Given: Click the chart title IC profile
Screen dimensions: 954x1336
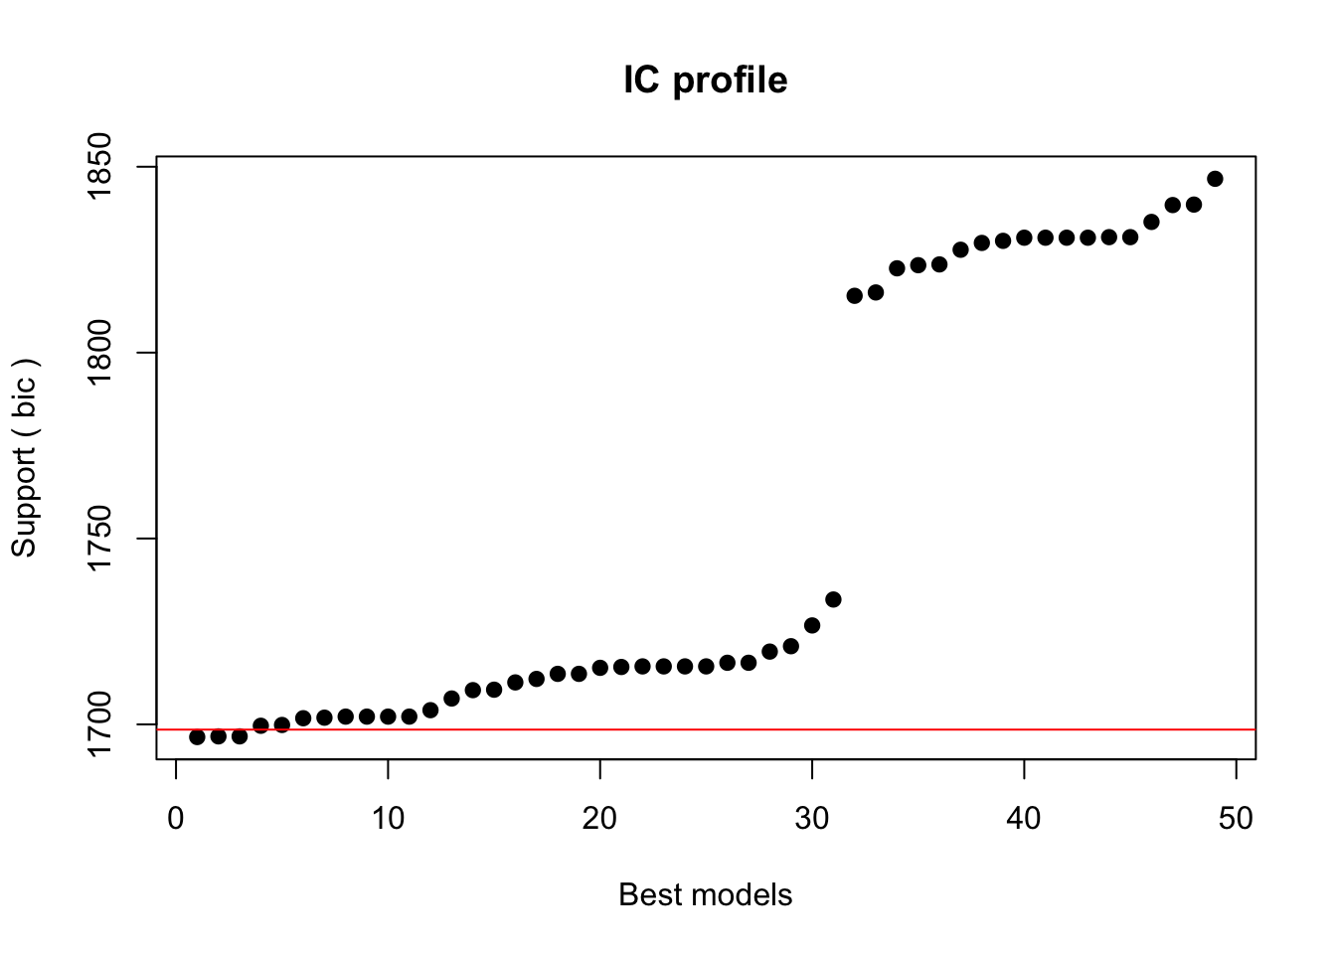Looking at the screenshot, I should (x=705, y=80).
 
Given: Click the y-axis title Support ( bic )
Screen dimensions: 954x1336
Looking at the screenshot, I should (x=24, y=458).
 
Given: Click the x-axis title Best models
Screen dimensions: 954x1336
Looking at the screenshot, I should (x=705, y=894).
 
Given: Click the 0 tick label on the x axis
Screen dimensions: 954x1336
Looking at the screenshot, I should (x=176, y=818).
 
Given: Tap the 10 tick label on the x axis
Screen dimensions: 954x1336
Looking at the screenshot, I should (x=388, y=818).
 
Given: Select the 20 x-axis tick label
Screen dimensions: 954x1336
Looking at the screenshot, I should (x=599, y=818).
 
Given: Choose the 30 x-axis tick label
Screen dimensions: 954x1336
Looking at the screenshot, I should (x=812, y=818).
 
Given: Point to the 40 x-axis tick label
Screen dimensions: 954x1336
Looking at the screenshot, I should (x=1024, y=818).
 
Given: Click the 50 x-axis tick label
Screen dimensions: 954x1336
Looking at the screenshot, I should (x=1236, y=818).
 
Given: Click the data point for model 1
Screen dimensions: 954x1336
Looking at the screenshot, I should (x=197, y=736).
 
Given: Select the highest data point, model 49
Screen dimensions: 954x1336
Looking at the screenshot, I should (x=1215, y=179).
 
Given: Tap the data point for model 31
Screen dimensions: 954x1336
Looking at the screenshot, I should (x=833, y=599).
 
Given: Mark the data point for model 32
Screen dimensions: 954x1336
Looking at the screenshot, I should (x=854, y=295).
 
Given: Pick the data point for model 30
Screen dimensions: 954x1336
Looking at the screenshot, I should (x=812, y=625).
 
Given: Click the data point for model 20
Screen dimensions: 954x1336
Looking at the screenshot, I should (x=599, y=668).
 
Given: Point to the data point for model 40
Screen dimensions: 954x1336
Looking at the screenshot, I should (x=1024, y=238).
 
